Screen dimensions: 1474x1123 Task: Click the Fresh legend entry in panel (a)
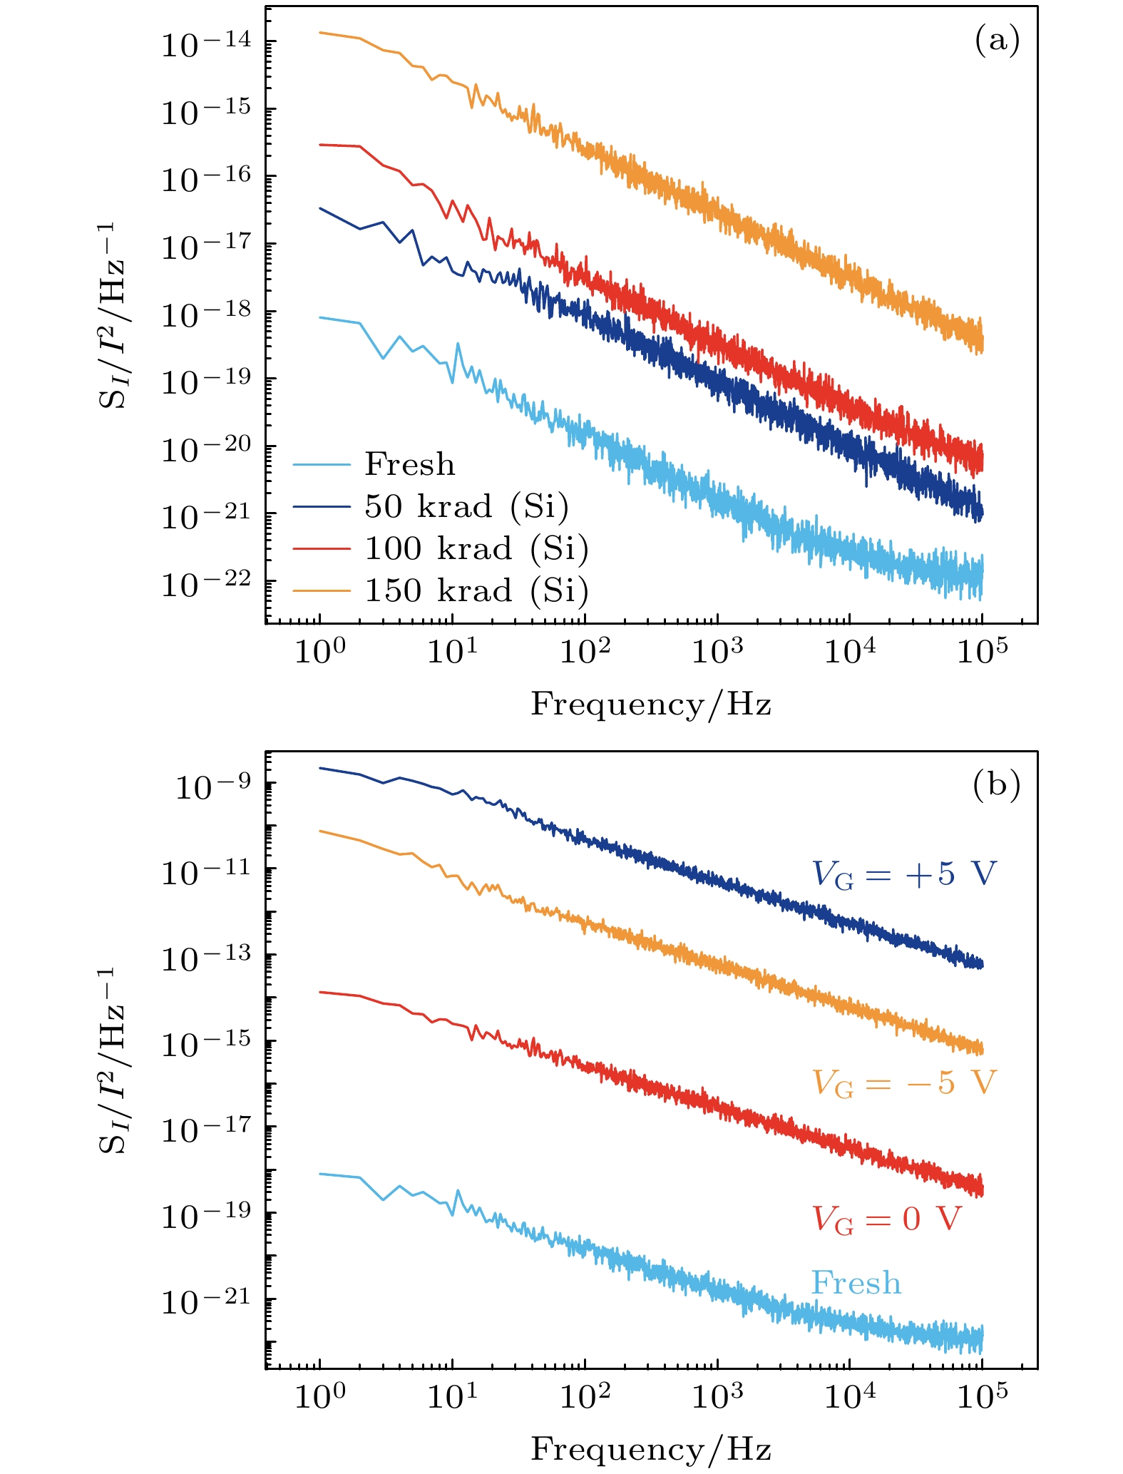409,465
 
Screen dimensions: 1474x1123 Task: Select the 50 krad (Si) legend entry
466,507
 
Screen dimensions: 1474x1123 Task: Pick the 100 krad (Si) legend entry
476,549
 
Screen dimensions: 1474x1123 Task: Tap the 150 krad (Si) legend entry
476,591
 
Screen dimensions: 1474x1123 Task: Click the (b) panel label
996,785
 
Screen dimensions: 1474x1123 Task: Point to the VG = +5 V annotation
904,874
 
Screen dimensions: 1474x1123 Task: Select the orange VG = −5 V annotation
904,1083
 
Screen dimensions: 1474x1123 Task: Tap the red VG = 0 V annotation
886,1219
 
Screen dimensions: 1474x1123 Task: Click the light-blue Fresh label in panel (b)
856,1283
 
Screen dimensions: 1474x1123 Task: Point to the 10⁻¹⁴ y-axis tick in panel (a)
205,46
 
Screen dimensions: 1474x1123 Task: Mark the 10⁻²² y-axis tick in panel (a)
205,585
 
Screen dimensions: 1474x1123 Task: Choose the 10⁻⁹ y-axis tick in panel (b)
212,787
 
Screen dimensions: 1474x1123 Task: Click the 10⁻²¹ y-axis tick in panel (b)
205,1302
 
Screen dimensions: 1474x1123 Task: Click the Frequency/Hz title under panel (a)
651,705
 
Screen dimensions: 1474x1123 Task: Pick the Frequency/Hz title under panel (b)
651,1450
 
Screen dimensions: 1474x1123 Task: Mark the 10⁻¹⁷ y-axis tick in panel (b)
205,1130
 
